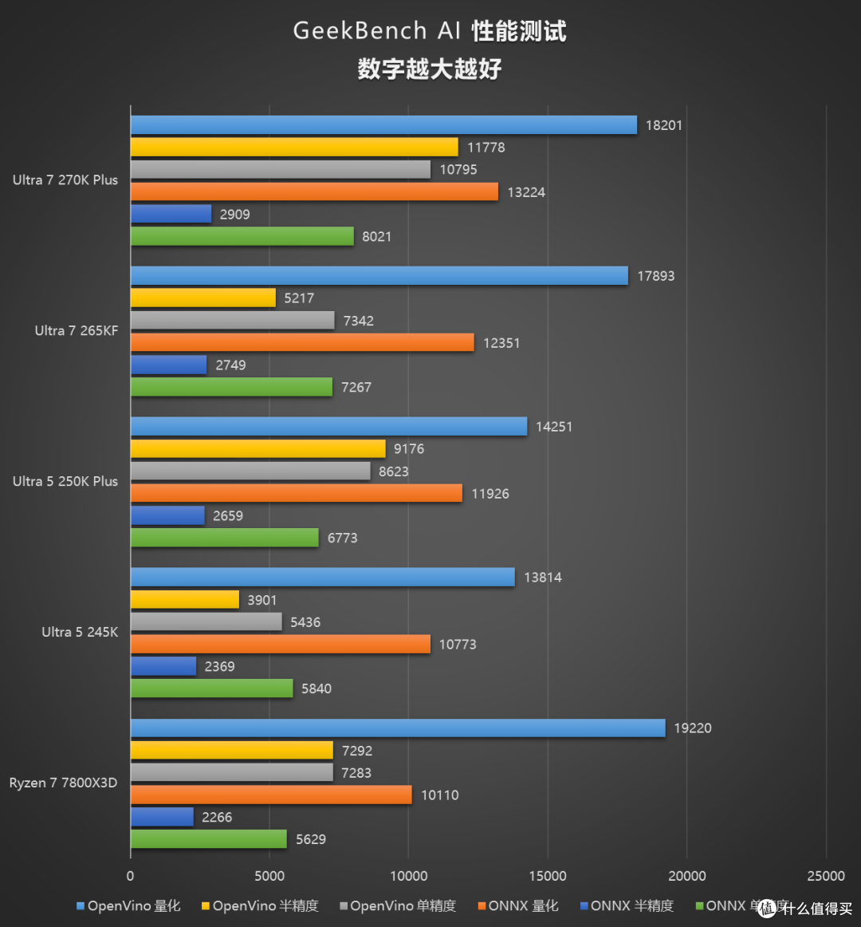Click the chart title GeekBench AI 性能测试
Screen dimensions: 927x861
[x=430, y=31]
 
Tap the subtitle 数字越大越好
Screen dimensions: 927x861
[x=430, y=69]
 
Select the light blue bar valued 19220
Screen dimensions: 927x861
[x=397, y=728]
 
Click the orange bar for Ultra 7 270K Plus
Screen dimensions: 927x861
[x=314, y=191]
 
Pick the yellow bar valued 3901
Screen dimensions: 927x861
[x=184, y=599]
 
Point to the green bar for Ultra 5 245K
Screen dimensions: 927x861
[x=211, y=688]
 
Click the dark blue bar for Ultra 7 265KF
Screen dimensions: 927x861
[x=168, y=365]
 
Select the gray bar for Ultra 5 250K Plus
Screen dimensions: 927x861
[x=250, y=471]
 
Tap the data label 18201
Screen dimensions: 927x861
[x=663, y=125]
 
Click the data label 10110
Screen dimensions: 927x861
[x=439, y=795]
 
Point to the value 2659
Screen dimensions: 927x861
[x=227, y=516]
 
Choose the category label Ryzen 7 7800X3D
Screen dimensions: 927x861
[x=63, y=783]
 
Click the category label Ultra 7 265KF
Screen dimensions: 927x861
[x=76, y=330]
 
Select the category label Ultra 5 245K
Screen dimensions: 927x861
[x=80, y=632]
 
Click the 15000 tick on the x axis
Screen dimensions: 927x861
[x=548, y=876]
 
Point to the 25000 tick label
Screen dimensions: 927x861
[x=825, y=876]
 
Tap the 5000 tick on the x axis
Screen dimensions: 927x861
[x=269, y=876]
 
